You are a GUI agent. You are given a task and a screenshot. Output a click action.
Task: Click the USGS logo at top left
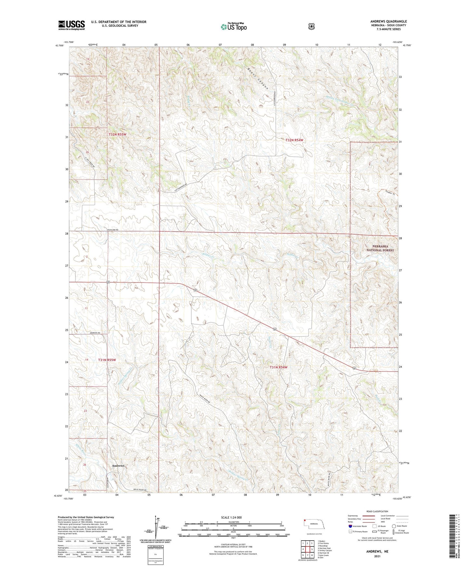[72, 25]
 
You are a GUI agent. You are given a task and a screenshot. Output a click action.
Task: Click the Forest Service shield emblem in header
[312, 26]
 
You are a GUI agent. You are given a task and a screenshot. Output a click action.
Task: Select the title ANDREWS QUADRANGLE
[388, 21]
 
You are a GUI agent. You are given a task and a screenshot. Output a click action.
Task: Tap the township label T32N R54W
[294, 140]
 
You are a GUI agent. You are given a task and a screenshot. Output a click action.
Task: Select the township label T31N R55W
[107, 360]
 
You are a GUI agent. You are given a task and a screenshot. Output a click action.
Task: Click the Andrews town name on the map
[118, 466]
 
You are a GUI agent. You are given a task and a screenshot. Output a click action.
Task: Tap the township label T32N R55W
[117, 134]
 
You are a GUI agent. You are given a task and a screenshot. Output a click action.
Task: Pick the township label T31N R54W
[278, 367]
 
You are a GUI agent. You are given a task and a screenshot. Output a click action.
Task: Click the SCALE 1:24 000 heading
[231, 517]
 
